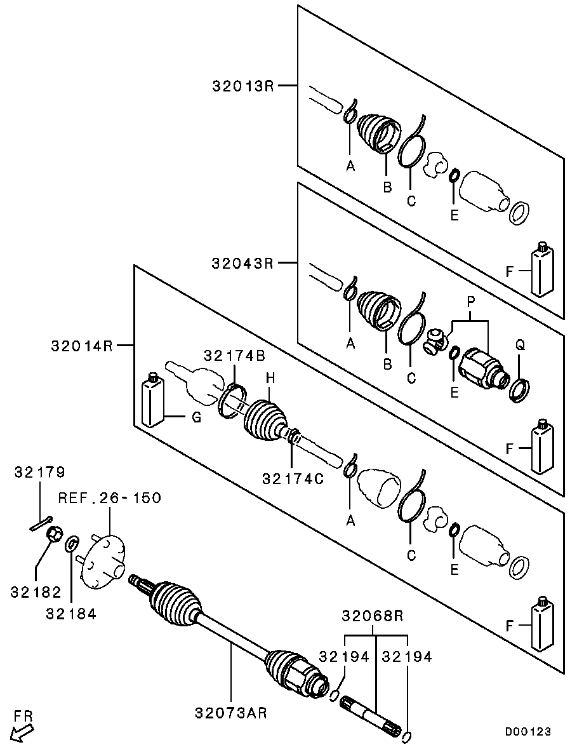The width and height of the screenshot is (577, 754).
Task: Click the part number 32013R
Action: [242, 85]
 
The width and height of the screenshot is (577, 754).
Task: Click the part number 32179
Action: [40, 472]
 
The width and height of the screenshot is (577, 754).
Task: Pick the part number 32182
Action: [36, 592]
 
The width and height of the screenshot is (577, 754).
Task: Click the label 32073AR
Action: [230, 713]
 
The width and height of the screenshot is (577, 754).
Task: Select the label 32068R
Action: [373, 616]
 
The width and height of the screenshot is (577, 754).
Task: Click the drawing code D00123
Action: [527, 732]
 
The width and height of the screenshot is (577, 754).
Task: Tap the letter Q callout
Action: [521, 345]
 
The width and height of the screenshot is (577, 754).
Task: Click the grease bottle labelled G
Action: [152, 401]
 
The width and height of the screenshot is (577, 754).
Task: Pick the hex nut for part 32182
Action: [55, 535]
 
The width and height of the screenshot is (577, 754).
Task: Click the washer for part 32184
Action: [72, 543]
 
